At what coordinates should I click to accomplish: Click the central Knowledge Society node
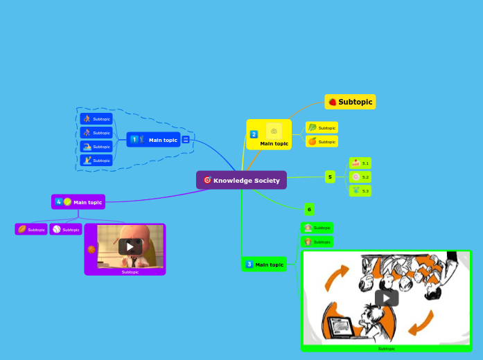coord(241,180)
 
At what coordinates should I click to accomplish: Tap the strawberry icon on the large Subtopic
coord(333,102)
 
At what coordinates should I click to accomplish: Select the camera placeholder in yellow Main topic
coord(274,131)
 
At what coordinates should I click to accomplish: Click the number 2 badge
coord(254,134)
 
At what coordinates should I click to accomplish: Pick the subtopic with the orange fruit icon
coord(322,141)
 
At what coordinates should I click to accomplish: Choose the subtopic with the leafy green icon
coord(322,127)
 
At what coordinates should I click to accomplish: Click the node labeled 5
coord(330,177)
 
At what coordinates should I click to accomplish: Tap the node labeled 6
coord(309,209)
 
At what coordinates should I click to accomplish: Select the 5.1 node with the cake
coord(360,163)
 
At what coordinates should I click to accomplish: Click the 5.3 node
coord(360,190)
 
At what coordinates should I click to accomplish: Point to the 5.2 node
coord(360,177)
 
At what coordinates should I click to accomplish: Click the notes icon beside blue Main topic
coord(186,140)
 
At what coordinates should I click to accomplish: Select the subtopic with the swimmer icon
coord(96,147)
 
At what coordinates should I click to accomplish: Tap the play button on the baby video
coord(130,246)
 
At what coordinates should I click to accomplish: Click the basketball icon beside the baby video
coord(91,249)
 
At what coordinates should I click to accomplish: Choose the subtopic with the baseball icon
coord(66,229)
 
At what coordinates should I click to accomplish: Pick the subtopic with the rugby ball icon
coord(31,229)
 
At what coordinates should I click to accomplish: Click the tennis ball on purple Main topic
coord(67,202)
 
